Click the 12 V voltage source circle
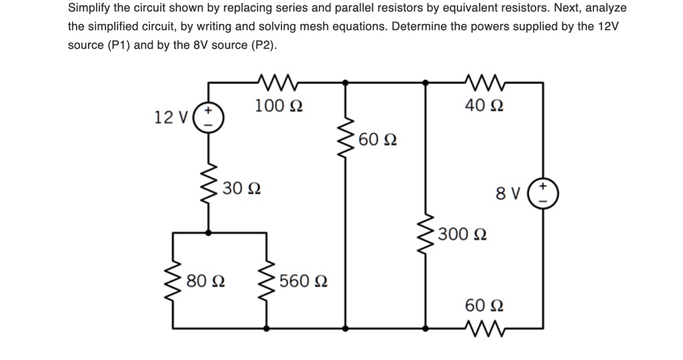[208, 118]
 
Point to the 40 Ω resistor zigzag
[484, 83]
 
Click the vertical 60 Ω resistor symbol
[345, 141]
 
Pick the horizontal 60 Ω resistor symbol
[484, 328]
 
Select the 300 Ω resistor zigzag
[425, 233]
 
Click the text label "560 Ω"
[303, 281]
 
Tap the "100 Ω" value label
[279, 105]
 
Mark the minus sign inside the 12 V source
[208, 125]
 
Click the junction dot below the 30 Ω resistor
[208, 233]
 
